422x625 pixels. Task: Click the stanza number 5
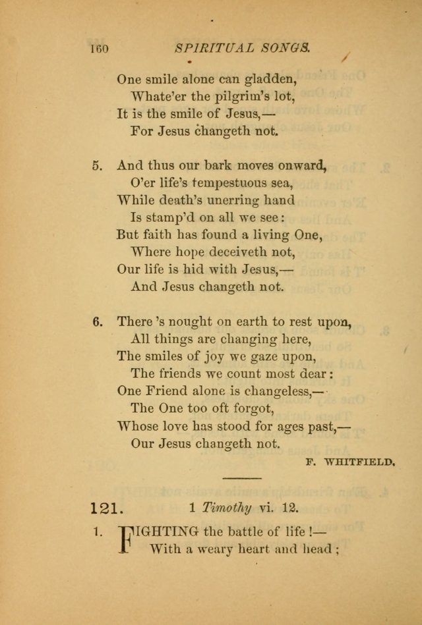coord(97,165)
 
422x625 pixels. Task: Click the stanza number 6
coord(97,322)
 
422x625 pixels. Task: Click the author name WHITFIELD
coord(362,462)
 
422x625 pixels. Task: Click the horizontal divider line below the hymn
coord(242,477)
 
